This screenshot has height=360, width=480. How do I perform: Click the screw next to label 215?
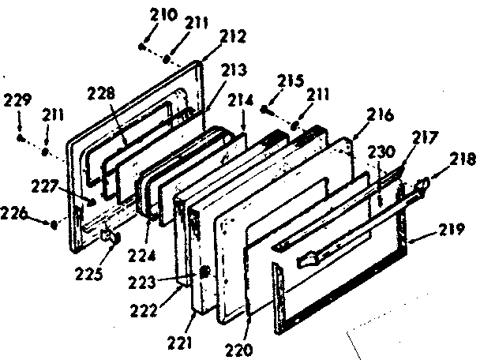[266, 109]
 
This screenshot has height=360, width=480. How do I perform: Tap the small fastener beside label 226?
[52, 224]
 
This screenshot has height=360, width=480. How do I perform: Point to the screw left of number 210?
[141, 47]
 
